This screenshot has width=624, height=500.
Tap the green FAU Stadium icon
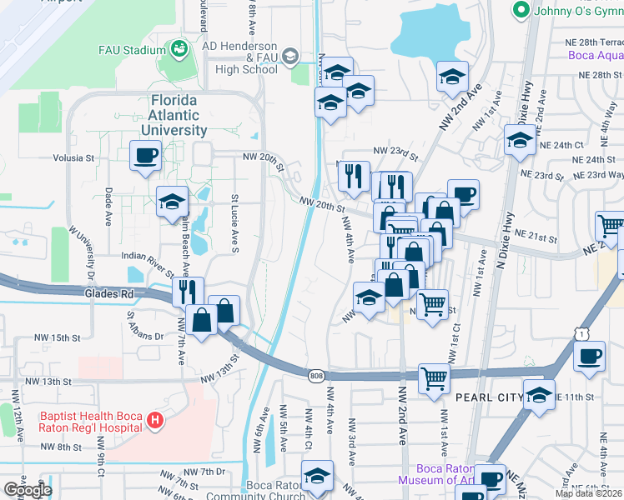click(x=179, y=50)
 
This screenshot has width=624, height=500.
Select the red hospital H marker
click(x=153, y=422)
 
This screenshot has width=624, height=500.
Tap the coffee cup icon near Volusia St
click(x=145, y=155)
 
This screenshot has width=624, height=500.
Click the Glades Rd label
click(x=108, y=293)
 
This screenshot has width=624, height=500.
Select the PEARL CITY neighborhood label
click(x=484, y=398)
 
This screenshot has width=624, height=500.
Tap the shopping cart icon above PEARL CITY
click(x=434, y=377)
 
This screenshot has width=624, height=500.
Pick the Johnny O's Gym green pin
click(x=522, y=10)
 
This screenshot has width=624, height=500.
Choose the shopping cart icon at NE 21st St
click(x=610, y=226)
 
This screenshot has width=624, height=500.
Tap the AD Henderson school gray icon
click(x=290, y=57)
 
